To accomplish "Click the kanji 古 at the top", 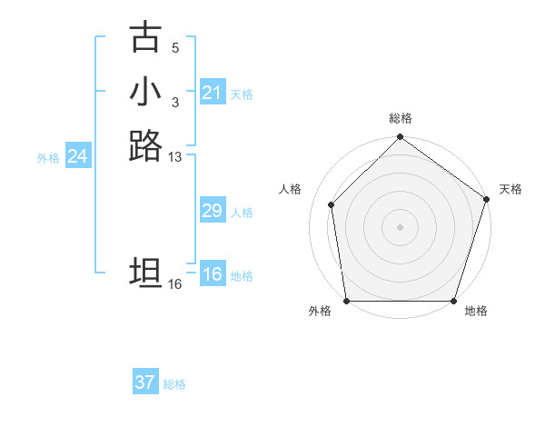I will (x=145, y=37).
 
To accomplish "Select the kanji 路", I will (x=145, y=145).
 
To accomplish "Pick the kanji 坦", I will (x=145, y=273).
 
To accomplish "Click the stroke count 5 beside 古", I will (x=175, y=47).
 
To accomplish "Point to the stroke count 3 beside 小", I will (x=175, y=102).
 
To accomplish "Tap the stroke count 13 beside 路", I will (x=175, y=157).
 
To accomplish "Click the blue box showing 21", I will (x=212, y=93).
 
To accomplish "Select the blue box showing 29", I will (x=212, y=212).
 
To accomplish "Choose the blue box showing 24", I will (x=77, y=157).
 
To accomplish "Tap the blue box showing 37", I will (x=145, y=382).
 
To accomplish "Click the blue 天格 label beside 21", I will (x=242, y=94).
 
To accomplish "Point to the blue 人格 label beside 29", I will (x=242, y=213).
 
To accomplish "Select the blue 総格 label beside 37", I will (x=174, y=384).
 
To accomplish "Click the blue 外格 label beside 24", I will (x=48, y=158).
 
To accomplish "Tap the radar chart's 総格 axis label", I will (x=401, y=118).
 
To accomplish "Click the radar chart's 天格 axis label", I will (x=510, y=189).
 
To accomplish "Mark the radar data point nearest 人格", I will (x=332, y=204).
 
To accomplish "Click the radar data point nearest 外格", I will (x=347, y=301).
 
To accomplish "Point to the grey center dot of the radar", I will (x=400, y=226).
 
